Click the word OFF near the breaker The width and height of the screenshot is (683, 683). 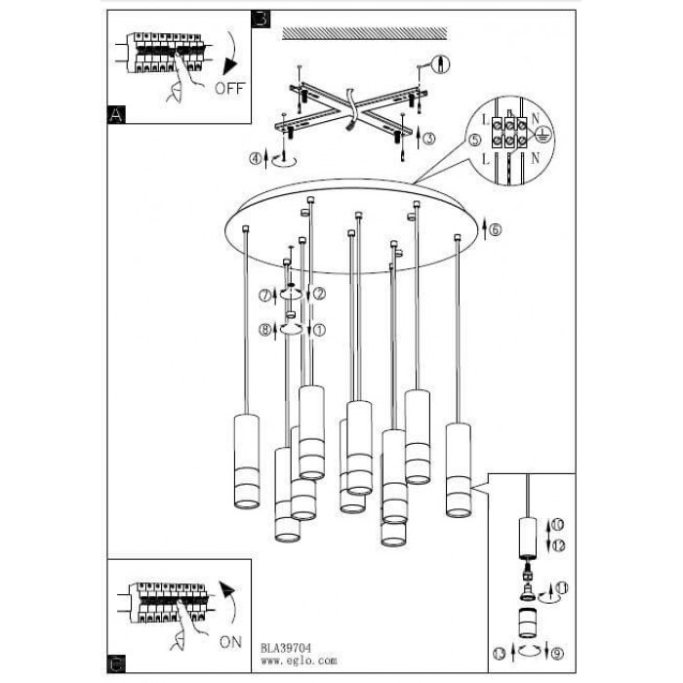(230, 89)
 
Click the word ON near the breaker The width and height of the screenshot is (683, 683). (230, 642)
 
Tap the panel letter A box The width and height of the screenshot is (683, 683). (116, 115)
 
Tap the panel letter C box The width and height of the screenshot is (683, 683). (116, 663)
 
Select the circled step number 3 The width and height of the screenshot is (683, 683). (429, 139)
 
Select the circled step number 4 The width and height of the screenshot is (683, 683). (256, 159)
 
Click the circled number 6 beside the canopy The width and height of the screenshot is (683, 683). (496, 229)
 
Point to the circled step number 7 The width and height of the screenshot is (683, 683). (264, 296)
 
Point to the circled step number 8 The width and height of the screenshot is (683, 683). (264, 330)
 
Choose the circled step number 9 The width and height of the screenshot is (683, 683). (557, 654)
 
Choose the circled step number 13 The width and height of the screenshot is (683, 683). (500, 654)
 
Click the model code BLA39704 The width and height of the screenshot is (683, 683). (286, 649)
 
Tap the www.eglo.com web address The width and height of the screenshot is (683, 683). (299, 661)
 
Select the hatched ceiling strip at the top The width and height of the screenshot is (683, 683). (365, 33)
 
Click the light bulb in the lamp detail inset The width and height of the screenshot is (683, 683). (528, 592)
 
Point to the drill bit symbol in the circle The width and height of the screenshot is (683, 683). (441, 64)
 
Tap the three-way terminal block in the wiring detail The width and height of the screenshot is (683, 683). (508, 133)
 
